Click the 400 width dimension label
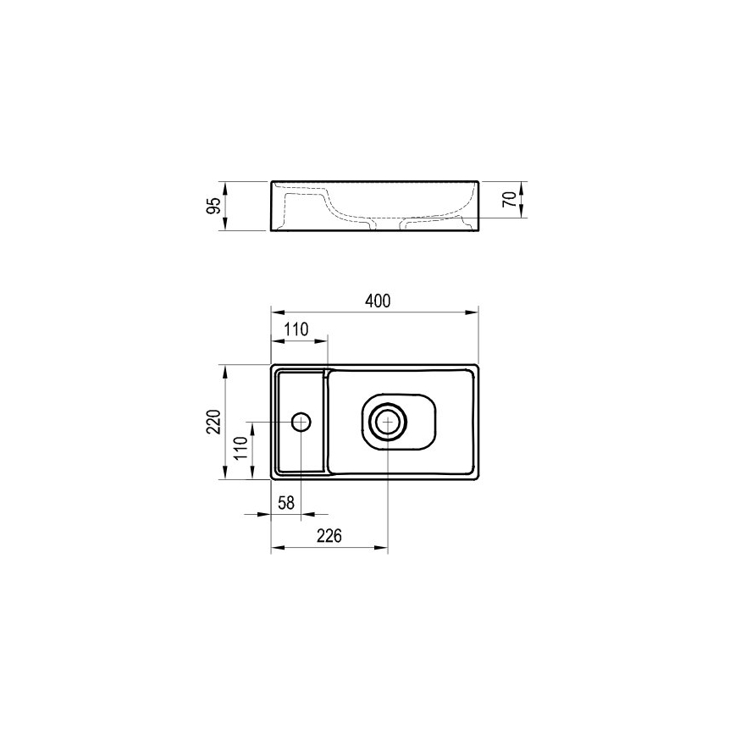click(378, 301)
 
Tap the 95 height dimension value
click(213, 206)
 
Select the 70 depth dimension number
click(510, 199)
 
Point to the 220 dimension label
click(213, 422)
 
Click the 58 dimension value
click(286, 503)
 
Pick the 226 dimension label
click(329, 535)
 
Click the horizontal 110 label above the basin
click(296, 329)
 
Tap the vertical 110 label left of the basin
click(241, 448)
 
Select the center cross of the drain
click(388, 423)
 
